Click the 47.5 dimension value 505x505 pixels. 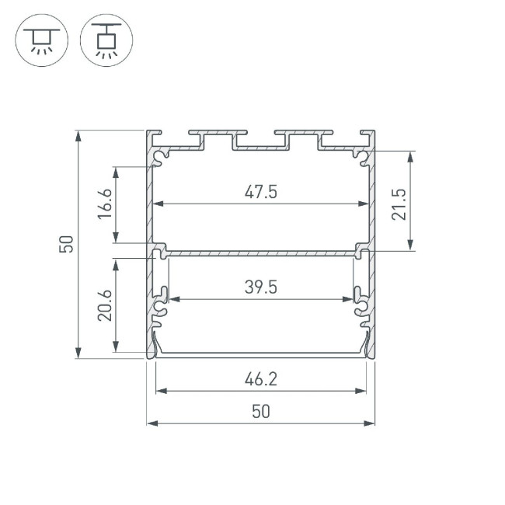(260, 192)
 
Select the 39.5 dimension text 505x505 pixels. (260, 287)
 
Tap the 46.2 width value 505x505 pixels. (260, 380)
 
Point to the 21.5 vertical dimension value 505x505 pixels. (399, 203)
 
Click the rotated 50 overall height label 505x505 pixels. (67, 244)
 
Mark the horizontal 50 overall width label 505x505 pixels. (260, 412)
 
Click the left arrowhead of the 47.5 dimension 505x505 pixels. (155, 204)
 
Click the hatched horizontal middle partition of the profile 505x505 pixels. (260, 252)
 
